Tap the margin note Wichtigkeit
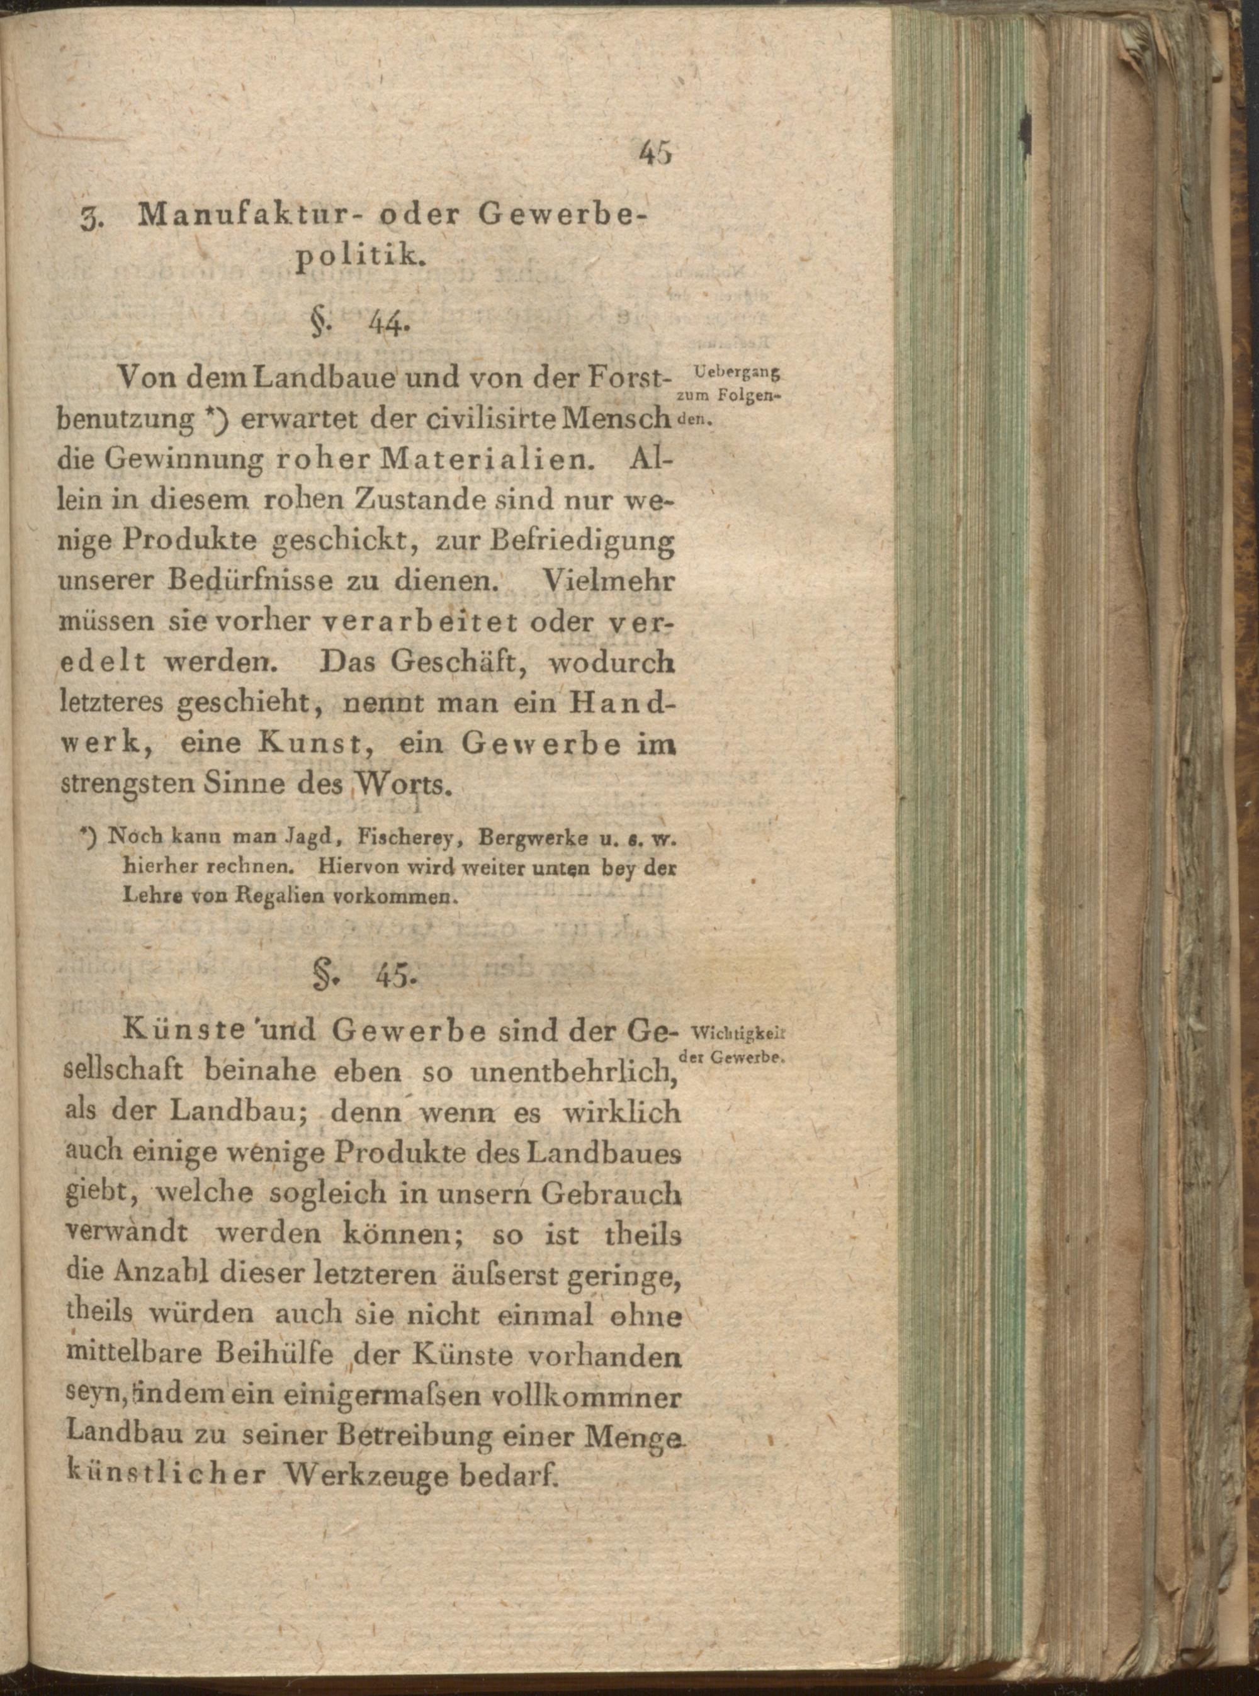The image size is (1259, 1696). (737, 1034)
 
